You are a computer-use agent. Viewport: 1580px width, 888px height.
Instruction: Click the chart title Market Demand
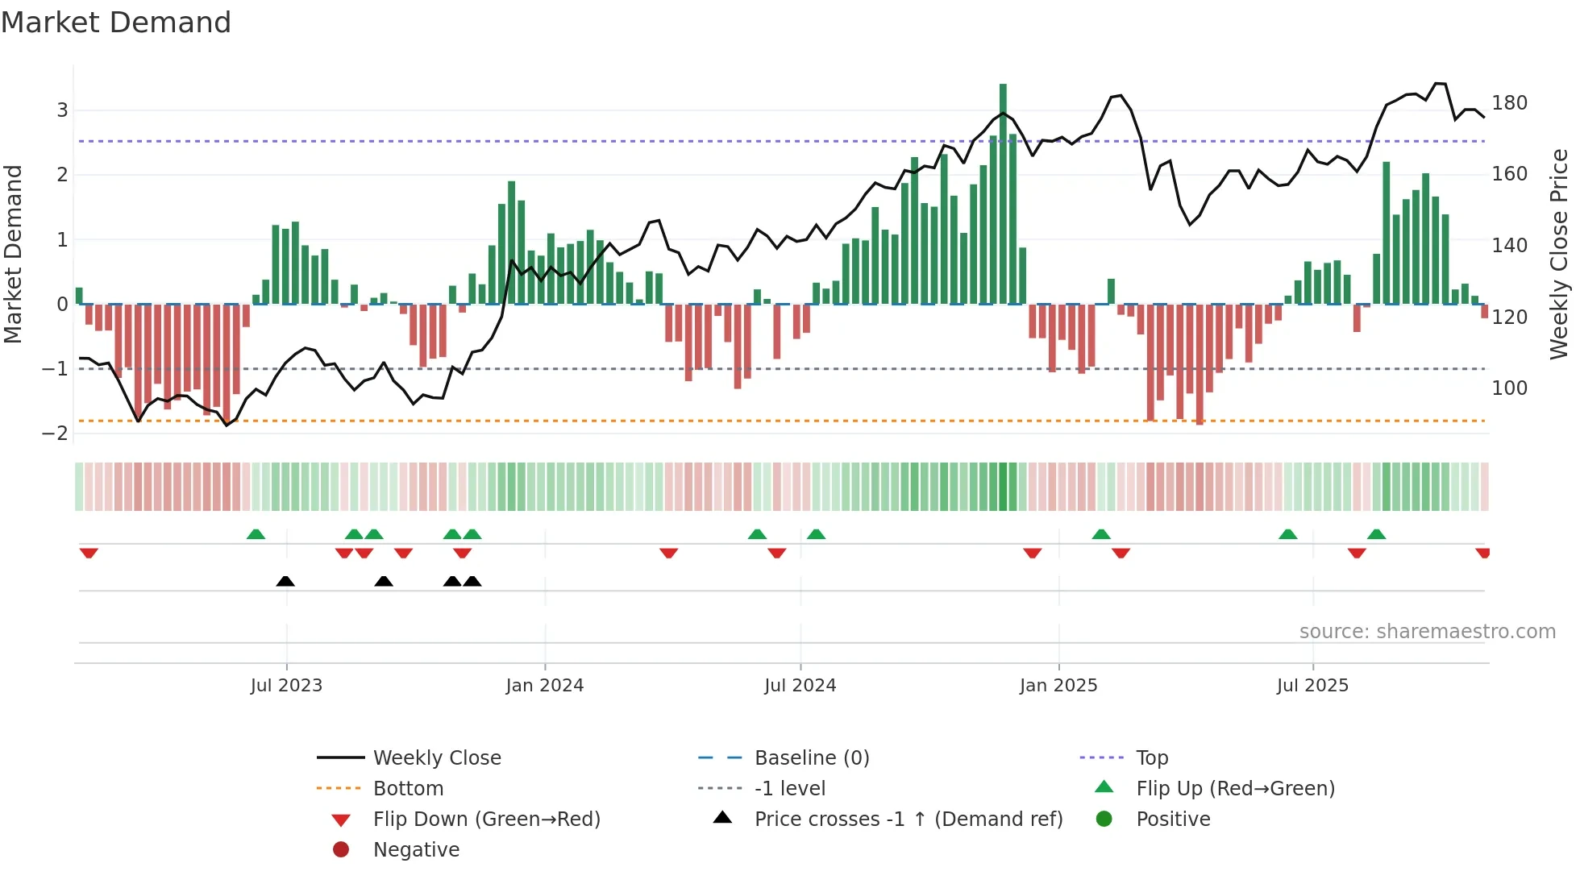tap(116, 22)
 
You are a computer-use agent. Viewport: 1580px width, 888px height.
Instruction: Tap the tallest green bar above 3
tap(1003, 193)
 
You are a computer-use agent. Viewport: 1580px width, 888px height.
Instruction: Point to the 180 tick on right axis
tap(1509, 103)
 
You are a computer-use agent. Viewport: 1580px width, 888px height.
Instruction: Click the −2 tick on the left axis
tap(56, 434)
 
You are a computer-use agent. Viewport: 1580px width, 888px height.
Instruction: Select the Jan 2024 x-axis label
tap(544, 686)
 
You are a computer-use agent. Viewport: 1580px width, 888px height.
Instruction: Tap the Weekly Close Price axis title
tap(1559, 254)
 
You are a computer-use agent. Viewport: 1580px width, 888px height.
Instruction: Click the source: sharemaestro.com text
tap(1427, 632)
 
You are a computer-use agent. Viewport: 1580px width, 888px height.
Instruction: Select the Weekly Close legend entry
tap(436, 758)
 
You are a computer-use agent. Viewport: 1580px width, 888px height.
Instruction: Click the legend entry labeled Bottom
tap(408, 789)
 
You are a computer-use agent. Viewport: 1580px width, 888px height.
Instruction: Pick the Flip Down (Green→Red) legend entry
tap(486, 820)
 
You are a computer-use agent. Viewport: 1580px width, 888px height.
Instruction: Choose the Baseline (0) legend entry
tap(811, 758)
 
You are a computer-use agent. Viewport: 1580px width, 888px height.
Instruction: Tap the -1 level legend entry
tap(789, 789)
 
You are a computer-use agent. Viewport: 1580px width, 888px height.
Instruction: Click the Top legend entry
tap(1151, 758)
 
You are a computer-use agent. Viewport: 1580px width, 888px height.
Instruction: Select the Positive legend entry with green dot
tap(1172, 820)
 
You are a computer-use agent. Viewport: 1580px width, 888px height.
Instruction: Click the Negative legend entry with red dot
tap(416, 850)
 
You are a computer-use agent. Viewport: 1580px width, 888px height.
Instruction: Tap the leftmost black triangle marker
tap(285, 582)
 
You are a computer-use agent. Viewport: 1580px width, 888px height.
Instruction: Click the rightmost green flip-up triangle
tap(1376, 534)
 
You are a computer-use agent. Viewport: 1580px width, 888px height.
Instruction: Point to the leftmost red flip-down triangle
tap(89, 553)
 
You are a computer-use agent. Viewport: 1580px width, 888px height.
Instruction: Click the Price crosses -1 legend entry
tap(908, 820)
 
